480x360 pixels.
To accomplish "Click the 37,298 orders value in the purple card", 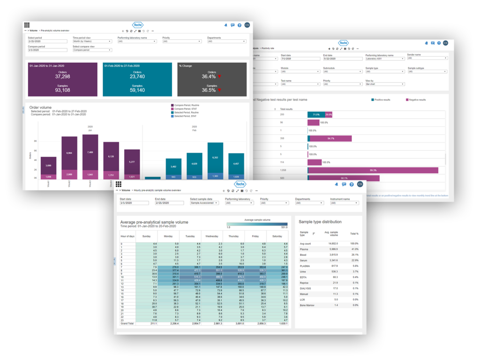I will [x=62, y=76].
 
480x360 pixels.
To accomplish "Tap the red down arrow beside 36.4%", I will [x=219, y=76].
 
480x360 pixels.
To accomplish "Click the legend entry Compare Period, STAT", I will [x=188, y=109].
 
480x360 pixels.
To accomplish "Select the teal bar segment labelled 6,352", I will [x=215, y=157].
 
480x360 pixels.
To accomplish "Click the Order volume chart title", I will [x=40, y=107].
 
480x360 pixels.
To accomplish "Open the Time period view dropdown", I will [x=92, y=41].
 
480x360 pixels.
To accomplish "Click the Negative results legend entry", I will [x=417, y=99].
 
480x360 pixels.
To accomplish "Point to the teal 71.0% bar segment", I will [x=314, y=114].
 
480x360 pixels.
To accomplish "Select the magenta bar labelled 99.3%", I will [x=373, y=170].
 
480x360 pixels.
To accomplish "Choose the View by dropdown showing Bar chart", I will [x=383, y=84].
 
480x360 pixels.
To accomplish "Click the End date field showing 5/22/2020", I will [x=338, y=59].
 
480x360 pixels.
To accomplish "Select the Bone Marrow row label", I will [x=307, y=305].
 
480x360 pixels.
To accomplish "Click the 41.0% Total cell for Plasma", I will [x=354, y=249].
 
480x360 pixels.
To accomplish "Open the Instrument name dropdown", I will [x=344, y=203].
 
